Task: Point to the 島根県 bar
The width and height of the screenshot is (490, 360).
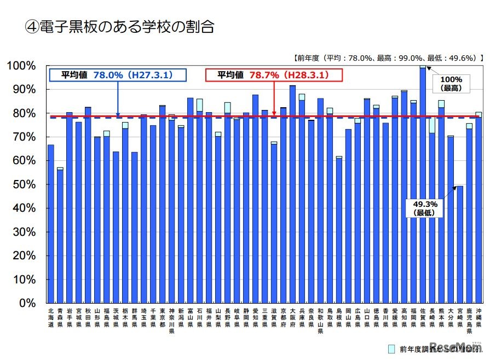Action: coord(339,230)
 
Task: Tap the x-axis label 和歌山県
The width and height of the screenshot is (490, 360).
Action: coord(320,320)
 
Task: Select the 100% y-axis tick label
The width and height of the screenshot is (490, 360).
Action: coord(22,66)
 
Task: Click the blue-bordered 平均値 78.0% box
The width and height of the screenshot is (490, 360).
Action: coord(117,75)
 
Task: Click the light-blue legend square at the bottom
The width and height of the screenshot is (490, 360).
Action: coord(391,349)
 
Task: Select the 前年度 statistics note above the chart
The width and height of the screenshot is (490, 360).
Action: coord(388,57)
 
